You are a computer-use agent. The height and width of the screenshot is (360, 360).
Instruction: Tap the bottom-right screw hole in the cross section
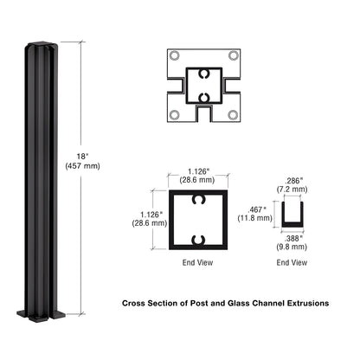coord(232,112)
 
